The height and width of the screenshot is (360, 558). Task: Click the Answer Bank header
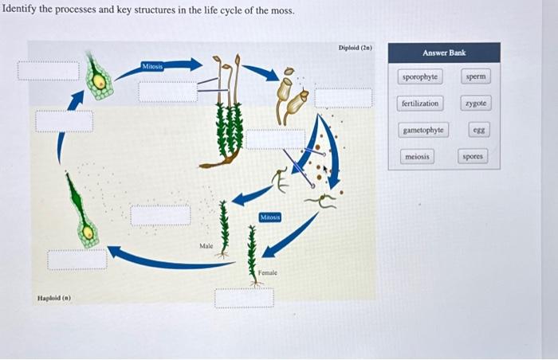[x=444, y=53]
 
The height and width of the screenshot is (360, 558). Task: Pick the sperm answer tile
[x=475, y=76]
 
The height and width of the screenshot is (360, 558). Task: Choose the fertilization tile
[x=420, y=104]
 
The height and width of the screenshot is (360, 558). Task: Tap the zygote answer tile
[x=475, y=104]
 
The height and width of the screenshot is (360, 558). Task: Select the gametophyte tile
[x=423, y=130]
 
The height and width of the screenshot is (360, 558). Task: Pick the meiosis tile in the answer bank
[x=417, y=157]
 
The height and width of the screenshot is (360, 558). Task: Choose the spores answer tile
[x=473, y=157]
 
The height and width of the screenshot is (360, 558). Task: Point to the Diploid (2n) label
[x=356, y=49]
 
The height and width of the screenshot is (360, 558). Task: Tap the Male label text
[x=206, y=246]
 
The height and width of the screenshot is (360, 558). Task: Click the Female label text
[x=268, y=273]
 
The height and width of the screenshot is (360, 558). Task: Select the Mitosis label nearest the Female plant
[x=270, y=217]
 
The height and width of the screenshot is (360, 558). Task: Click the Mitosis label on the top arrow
[x=153, y=66]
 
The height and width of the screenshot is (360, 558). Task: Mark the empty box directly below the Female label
[x=244, y=297]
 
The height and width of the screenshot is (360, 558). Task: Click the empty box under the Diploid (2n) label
[x=344, y=98]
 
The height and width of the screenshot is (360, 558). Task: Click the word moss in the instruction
[x=282, y=12]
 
